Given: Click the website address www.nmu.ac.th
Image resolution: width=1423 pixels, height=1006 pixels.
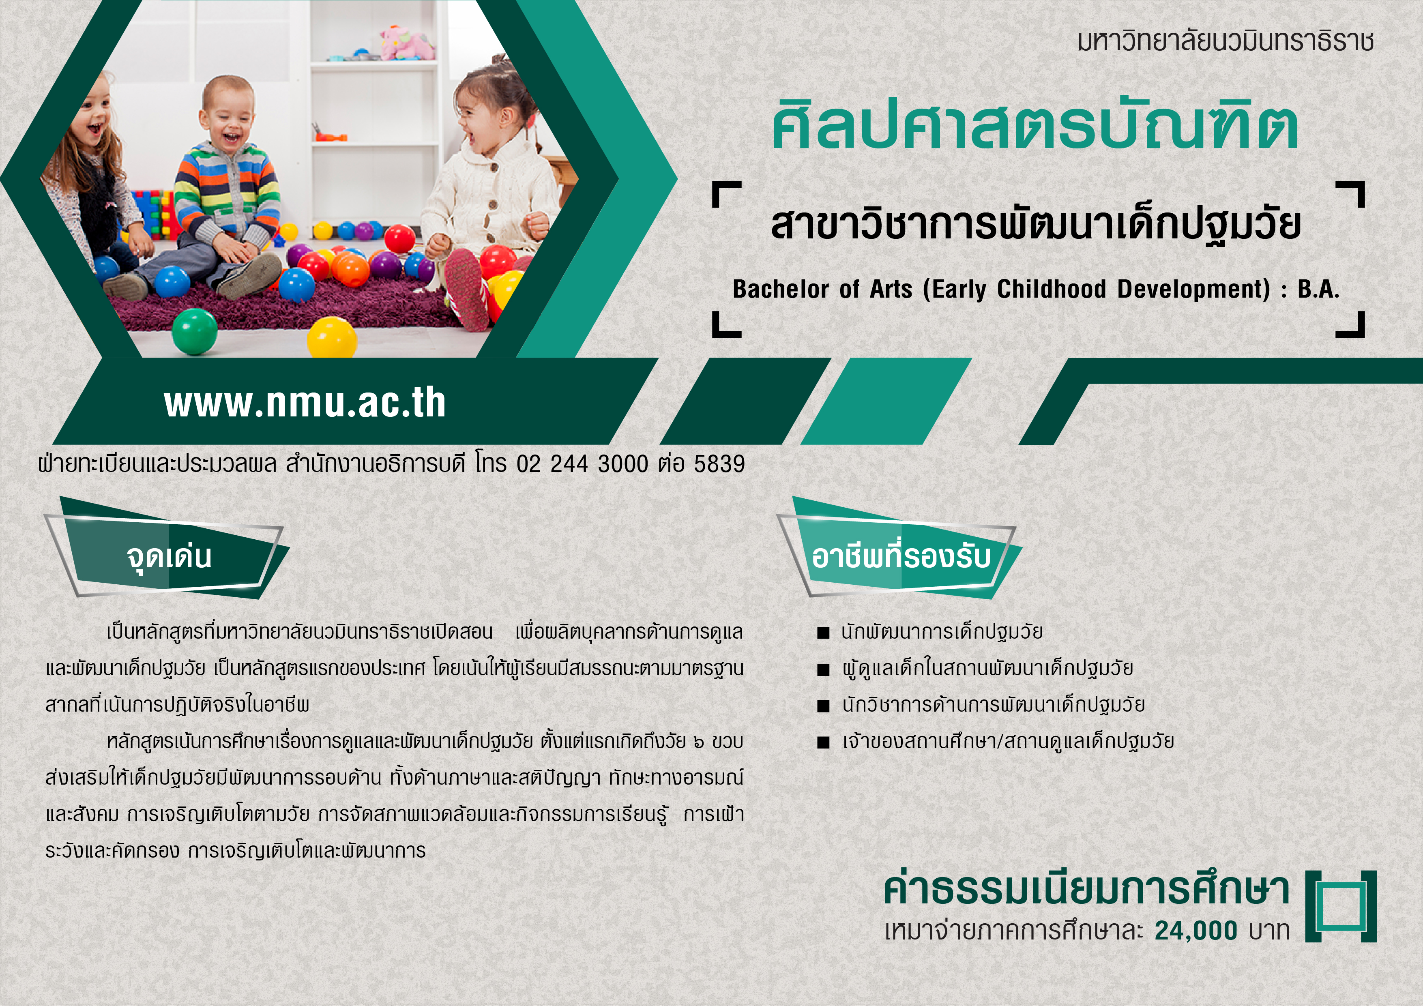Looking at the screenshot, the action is (305, 403).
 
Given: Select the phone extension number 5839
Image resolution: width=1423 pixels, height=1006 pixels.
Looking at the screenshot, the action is (719, 463).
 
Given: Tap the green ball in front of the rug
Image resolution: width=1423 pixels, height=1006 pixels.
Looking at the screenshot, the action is (195, 332).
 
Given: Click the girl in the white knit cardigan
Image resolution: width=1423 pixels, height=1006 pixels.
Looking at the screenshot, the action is (489, 198).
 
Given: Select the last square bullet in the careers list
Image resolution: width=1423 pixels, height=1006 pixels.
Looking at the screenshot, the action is (823, 742).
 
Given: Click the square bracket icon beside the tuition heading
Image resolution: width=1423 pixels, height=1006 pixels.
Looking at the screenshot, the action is (1341, 906).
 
